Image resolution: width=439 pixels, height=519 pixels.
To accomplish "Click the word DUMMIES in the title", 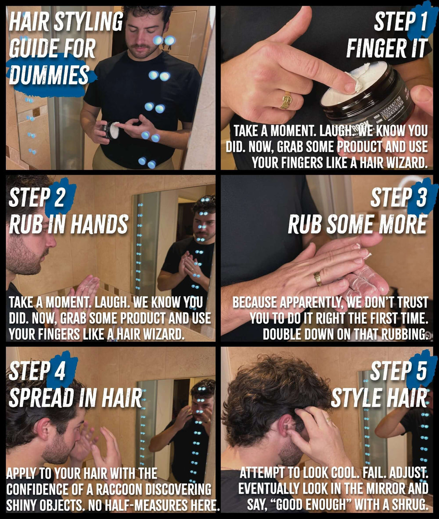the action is (49, 75).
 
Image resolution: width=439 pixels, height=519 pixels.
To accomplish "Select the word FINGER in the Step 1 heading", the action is (376, 48).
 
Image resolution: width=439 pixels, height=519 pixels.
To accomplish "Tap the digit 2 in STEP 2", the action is (59, 197).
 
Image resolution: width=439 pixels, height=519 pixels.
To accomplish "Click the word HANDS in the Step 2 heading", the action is (99, 224).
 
